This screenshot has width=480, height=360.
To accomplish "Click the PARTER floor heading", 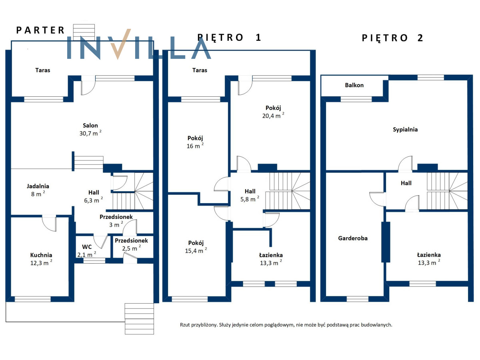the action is [x=40, y=30].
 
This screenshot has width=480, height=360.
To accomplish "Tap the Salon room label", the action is [x=90, y=126].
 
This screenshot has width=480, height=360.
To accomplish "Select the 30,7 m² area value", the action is [x=90, y=133].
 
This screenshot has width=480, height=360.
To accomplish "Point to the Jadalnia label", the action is [x=38, y=186].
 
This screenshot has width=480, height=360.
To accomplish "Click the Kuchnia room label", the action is [x=41, y=255].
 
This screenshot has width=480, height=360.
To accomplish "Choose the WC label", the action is [x=87, y=247].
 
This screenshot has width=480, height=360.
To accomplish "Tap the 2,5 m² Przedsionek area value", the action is [x=132, y=248].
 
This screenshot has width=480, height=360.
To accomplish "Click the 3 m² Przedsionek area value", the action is [x=116, y=224].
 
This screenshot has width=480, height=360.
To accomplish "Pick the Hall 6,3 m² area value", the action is [x=93, y=200].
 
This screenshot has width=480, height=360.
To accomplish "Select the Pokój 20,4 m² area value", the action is [x=273, y=116].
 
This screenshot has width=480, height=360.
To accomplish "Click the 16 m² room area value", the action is [x=195, y=146].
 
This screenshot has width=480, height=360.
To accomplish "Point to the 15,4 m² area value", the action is [x=196, y=250].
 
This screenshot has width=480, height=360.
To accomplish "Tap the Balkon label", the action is [x=354, y=85].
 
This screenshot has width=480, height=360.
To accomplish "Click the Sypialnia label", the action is [x=405, y=130].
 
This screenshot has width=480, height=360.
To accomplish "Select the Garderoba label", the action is [x=353, y=238].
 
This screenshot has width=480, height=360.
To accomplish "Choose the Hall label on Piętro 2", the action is [x=406, y=183].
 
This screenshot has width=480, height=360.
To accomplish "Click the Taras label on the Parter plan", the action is [x=43, y=70].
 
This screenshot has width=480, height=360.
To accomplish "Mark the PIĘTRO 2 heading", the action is [x=392, y=38].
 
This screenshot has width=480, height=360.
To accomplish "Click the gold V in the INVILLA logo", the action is [x=120, y=44].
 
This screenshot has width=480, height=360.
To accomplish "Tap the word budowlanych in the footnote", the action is [x=376, y=325].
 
